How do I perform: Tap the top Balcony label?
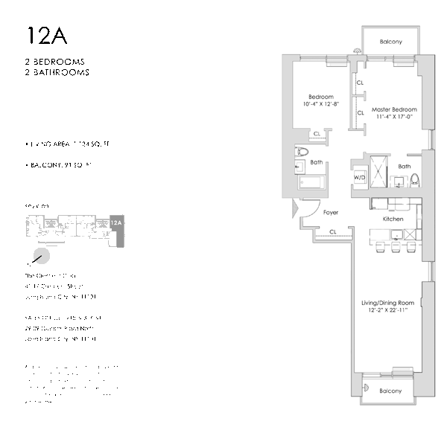(390, 42)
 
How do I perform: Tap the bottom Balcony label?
(390, 391)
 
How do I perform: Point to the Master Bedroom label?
(394, 109)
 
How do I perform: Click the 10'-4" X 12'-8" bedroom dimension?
(321, 104)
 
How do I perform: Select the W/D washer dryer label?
(359, 178)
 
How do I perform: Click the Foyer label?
(331, 213)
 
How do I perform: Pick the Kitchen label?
(393, 219)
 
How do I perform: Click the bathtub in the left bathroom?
(309, 184)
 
